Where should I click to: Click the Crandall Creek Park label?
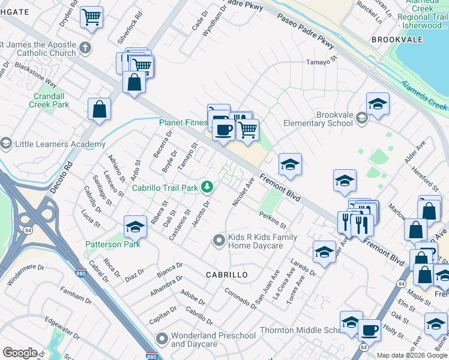pyautogui.click(x=49, y=100)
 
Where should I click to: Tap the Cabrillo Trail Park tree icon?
pyautogui.click(x=207, y=188)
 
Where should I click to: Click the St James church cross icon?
pyautogui.click(x=85, y=48)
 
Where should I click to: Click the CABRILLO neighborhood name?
pyautogui.click(x=227, y=274)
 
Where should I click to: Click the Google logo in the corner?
pyautogui.click(x=20, y=353)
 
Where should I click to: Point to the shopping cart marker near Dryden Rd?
pyautogui.click(x=91, y=17)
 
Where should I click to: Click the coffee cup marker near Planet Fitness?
pyautogui.click(x=223, y=129)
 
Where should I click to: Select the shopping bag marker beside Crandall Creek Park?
pyautogui.click(x=99, y=109)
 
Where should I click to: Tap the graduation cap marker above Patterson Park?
pyautogui.click(x=136, y=226)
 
